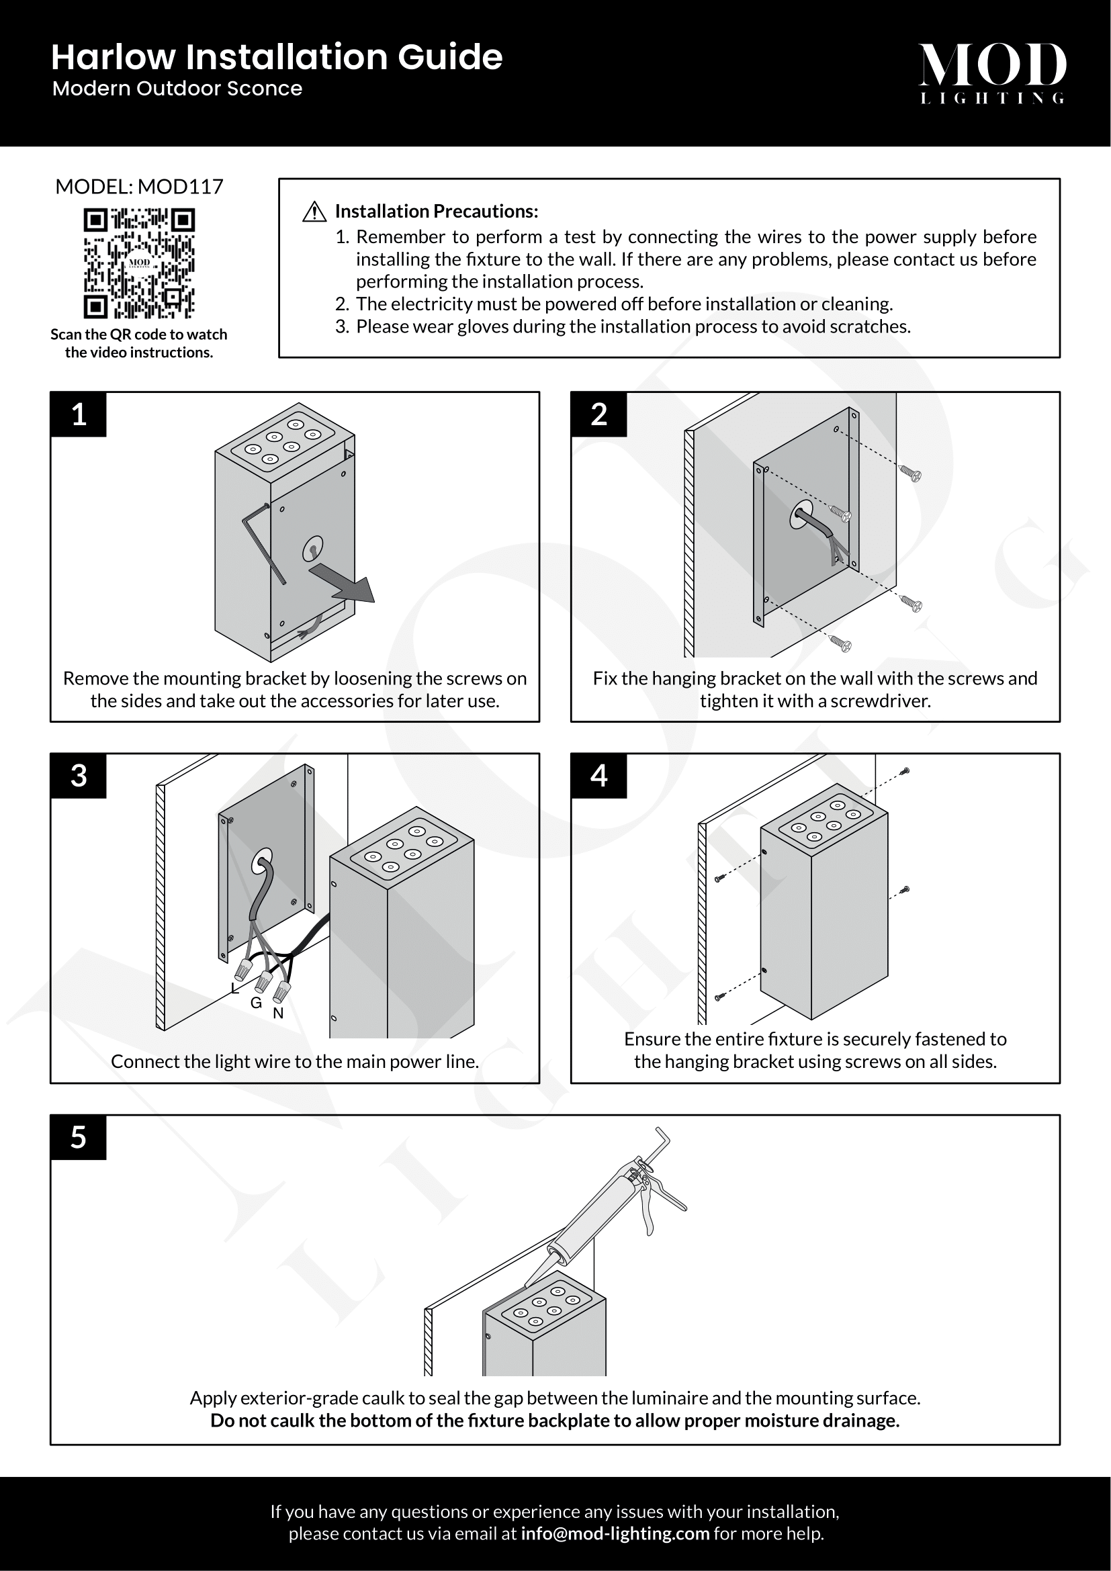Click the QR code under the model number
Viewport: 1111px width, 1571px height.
click(139, 263)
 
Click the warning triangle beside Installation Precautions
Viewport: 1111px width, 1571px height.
click(314, 212)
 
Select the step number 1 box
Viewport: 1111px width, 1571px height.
click(79, 414)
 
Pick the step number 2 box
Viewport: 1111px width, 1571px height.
click(598, 414)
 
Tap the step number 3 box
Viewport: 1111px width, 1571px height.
click(79, 776)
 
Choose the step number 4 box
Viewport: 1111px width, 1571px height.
click(598, 776)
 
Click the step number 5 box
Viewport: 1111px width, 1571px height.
click(79, 1137)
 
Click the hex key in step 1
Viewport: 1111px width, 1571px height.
click(263, 541)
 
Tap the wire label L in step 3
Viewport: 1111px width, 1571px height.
click(234, 989)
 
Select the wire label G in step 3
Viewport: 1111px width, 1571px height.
click(256, 1003)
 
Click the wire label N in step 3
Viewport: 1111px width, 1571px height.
click(278, 1014)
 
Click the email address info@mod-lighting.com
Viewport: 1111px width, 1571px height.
click(615, 1533)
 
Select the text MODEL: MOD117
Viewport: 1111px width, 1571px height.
click(139, 187)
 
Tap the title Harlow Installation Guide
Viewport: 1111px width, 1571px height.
click(276, 58)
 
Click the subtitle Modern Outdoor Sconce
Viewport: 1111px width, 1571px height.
click(177, 89)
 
